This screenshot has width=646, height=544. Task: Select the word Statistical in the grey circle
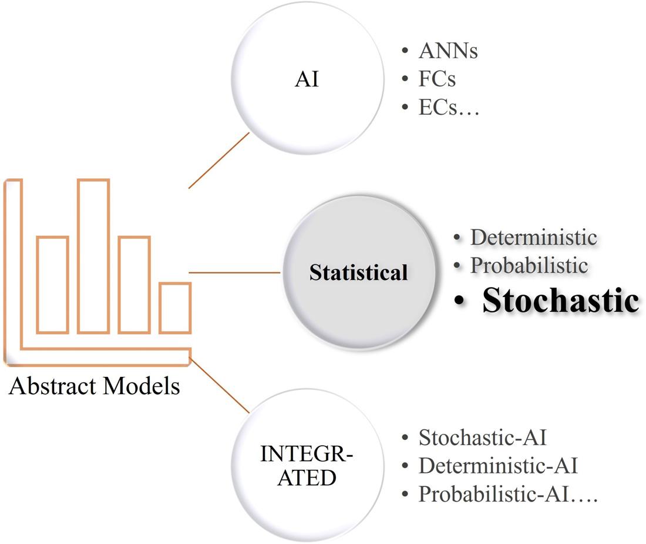[358, 273]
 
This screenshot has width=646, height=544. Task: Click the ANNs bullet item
[448, 51]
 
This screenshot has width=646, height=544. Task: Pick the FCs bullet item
[437, 79]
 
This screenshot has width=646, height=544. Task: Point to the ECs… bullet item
[449, 107]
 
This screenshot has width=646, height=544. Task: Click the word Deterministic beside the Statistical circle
[533, 238]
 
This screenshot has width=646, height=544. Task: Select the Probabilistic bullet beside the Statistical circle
[529, 265]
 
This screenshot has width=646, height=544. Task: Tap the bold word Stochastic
[560, 300]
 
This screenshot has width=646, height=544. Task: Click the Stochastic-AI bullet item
[483, 438]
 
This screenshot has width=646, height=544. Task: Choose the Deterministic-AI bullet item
[498, 466]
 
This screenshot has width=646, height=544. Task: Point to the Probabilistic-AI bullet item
[507, 494]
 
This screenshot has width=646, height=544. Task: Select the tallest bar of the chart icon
[93, 256]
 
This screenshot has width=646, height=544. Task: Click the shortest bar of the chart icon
[175, 308]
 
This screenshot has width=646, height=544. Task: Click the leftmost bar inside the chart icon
[52, 285]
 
